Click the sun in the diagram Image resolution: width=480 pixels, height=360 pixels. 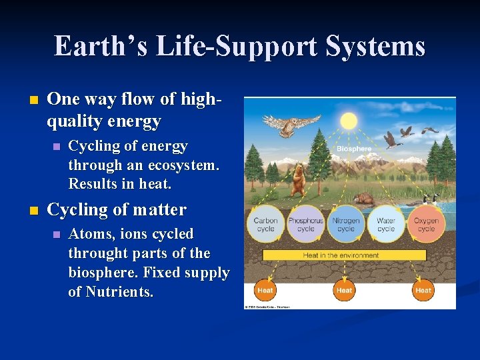(x=349, y=121)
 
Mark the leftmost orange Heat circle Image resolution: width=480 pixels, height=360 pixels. (x=265, y=290)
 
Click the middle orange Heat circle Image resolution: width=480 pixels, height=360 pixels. (x=344, y=290)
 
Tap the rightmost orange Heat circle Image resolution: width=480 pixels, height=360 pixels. (x=423, y=290)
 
